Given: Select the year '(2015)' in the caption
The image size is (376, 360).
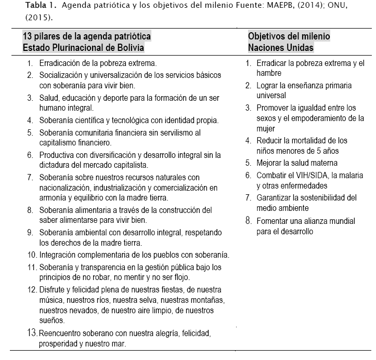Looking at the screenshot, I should (38, 17).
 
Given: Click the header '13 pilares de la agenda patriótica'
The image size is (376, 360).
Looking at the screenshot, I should (87, 37).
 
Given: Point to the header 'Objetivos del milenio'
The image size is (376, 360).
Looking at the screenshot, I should (289, 37).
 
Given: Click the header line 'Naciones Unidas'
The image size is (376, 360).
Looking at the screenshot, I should (281, 47).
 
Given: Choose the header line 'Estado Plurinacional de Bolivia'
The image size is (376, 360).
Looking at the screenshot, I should (83, 47).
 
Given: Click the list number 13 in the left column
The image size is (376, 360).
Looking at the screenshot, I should (32, 332).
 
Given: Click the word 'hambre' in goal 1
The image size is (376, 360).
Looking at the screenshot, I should (268, 73).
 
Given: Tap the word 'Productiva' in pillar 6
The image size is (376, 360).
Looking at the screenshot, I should (57, 155).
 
